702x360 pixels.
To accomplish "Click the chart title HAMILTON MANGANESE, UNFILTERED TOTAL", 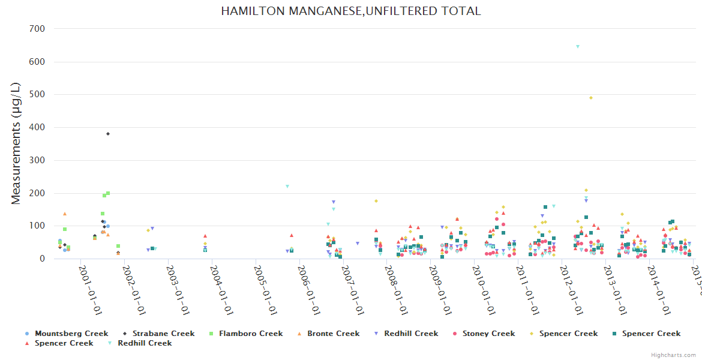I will pyautogui.click(x=350, y=11).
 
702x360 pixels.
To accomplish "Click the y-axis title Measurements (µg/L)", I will pyautogui.click(x=16, y=144).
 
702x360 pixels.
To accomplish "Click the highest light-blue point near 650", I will pyautogui.click(x=578, y=46).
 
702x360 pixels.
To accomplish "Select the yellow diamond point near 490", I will pyautogui.click(x=591, y=98).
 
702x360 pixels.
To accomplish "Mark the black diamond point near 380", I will pyautogui.click(x=108, y=134).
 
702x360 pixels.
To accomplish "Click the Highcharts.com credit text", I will pyautogui.click(x=674, y=355).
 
